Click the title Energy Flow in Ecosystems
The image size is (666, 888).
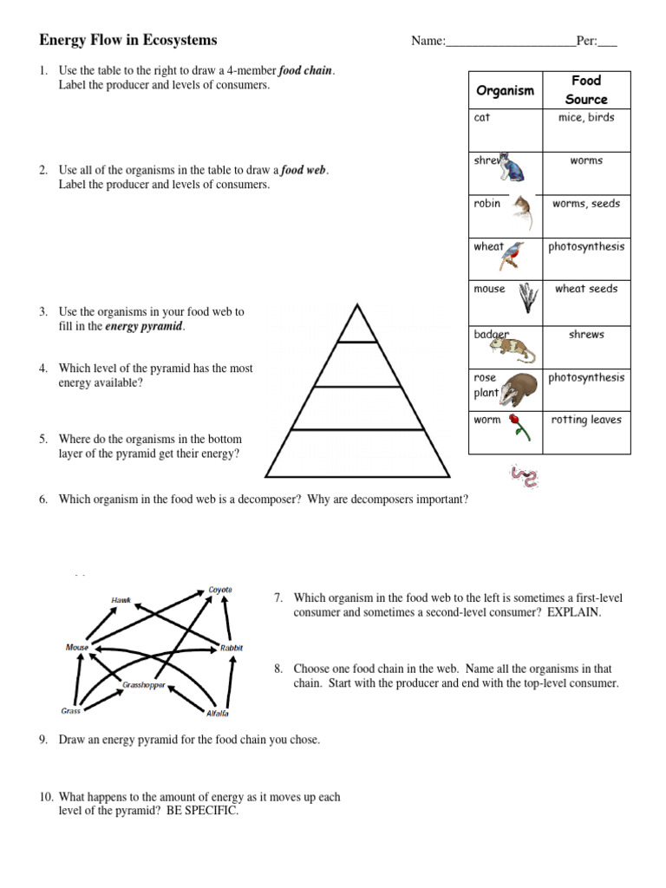(x=128, y=40)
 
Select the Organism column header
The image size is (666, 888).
(x=505, y=91)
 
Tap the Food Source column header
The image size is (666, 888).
(x=586, y=90)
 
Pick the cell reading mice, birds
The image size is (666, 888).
(x=586, y=118)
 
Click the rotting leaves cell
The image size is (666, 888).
(x=586, y=421)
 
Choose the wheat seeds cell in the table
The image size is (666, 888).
(x=586, y=290)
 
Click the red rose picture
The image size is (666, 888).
(x=518, y=426)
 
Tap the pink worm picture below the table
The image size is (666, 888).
(x=524, y=476)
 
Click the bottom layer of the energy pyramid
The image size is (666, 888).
(x=356, y=454)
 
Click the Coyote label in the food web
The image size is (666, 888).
(x=220, y=590)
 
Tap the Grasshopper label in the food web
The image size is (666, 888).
(x=144, y=683)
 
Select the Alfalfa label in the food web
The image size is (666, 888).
(x=217, y=713)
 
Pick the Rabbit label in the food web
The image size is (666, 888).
(x=232, y=648)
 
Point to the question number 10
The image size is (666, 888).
(x=45, y=797)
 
